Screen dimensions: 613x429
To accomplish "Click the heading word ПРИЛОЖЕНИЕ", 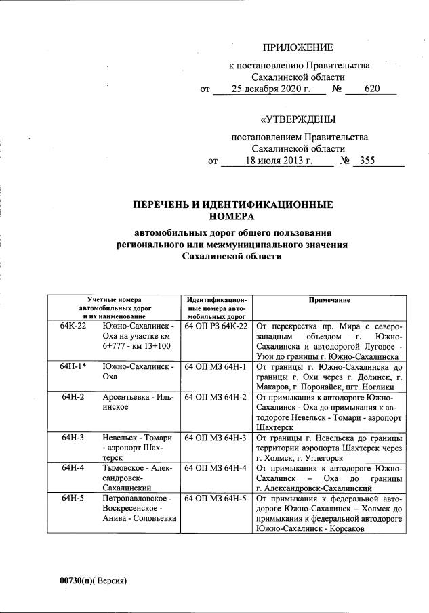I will [x=298, y=47].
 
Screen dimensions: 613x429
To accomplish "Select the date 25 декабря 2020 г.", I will [x=269, y=89].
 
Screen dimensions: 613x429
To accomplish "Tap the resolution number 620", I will [x=372, y=89].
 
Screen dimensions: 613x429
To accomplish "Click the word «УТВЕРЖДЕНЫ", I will [x=298, y=120].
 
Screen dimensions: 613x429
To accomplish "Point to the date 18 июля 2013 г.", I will [x=279, y=161].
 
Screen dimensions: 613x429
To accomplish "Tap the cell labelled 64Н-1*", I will [x=73, y=366].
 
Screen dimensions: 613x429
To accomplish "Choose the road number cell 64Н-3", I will [x=73, y=437].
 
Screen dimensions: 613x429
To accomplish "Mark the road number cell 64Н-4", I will [x=73, y=467].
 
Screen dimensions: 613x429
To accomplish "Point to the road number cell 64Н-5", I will [x=73, y=498].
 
